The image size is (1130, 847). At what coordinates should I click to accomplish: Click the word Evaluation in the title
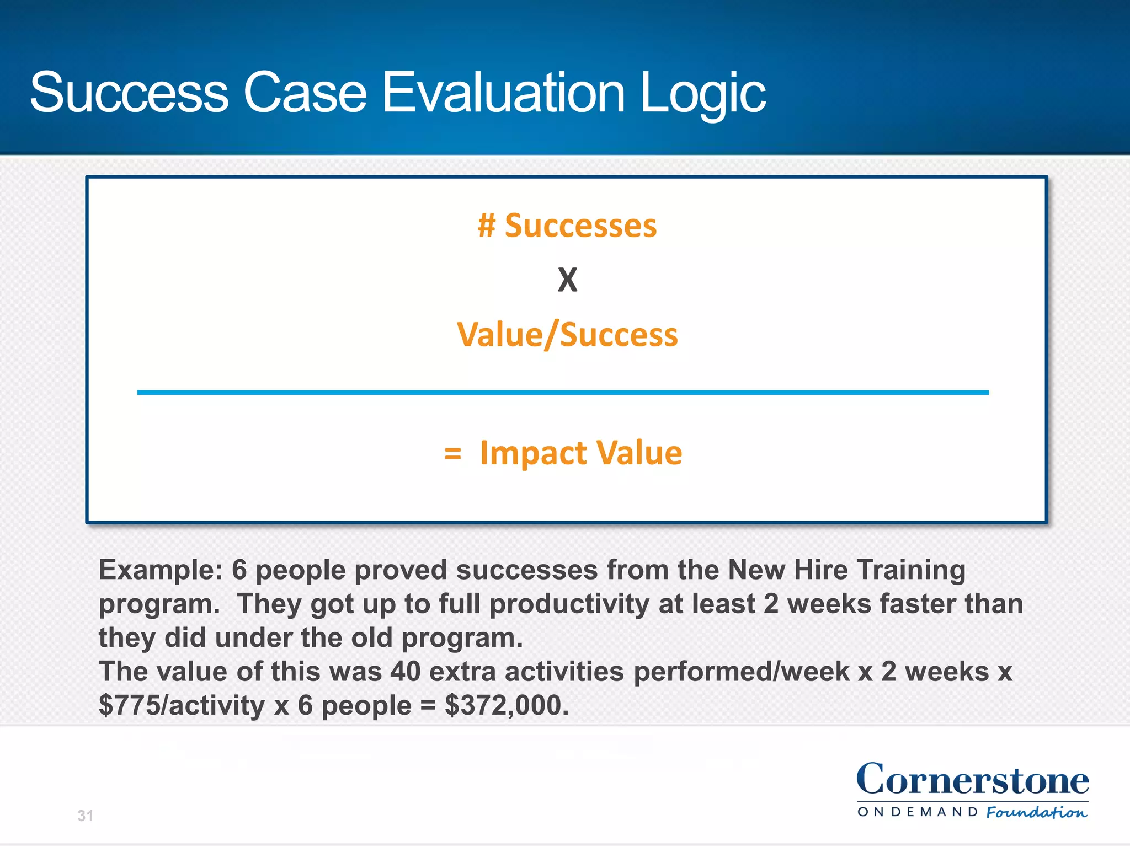(503, 93)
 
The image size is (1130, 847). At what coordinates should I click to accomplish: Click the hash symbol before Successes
(487, 226)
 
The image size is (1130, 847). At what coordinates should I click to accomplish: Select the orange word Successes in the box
(580, 226)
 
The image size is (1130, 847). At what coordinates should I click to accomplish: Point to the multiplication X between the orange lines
(567, 280)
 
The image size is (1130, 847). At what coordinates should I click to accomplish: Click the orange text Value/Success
(567, 335)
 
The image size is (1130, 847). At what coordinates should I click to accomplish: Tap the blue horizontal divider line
(563, 393)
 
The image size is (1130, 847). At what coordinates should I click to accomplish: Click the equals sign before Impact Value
(452, 453)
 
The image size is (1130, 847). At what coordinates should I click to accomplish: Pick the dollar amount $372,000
(506, 705)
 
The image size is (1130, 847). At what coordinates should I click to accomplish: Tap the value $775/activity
(182, 705)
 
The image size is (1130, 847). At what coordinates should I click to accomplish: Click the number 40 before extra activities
(406, 672)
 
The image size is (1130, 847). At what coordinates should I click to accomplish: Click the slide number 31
(85, 816)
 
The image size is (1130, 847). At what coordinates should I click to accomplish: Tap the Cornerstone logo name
(972, 780)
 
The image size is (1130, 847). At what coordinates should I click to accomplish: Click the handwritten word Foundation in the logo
(1036, 812)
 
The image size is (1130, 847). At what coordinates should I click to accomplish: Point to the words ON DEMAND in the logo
(918, 812)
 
